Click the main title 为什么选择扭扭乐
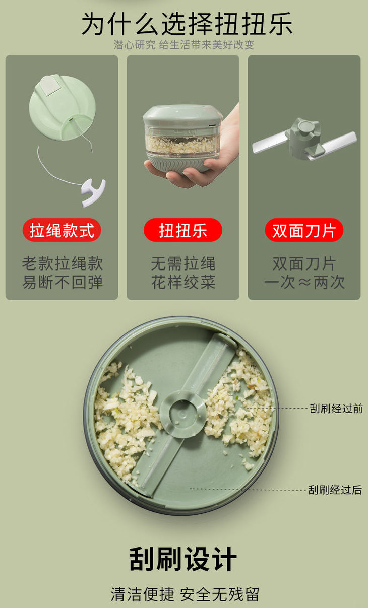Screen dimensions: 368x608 [187, 24]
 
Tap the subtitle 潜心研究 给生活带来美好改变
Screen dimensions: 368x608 [184, 45]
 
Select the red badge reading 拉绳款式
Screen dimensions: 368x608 [62, 230]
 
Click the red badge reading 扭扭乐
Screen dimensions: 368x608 [183, 230]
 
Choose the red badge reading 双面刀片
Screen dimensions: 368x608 [304, 230]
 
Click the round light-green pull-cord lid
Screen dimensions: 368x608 [62, 107]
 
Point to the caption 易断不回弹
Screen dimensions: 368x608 [63, 282]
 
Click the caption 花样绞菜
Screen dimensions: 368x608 [183, 282]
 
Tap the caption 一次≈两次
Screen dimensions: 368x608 [304, 282]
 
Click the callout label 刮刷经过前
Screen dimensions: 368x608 [336, 409]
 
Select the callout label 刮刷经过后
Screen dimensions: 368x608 [335, 490]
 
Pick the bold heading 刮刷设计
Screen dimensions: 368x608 [183, 559]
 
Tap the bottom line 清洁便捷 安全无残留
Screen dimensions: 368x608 [185, 594]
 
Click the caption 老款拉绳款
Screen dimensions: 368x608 [63, 263]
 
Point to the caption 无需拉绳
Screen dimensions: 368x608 [183, 263]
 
